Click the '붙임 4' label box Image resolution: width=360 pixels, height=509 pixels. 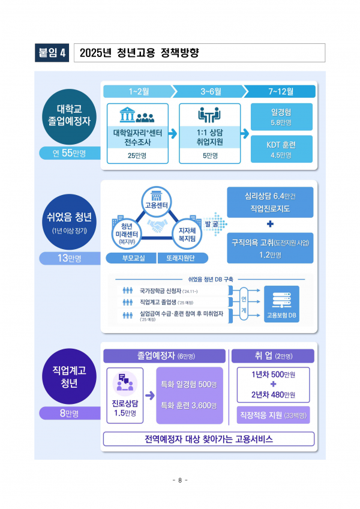pos(53,53)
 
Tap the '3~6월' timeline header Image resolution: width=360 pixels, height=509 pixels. pos(210,91)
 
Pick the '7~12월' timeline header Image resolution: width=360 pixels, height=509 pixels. pos(281,91)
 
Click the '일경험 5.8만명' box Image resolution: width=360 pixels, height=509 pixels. pos(281,117)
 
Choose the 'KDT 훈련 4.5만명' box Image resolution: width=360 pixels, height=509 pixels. pos(281,148)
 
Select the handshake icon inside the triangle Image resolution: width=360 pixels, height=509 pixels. pos(158,227)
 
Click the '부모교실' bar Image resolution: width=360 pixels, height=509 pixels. pos(131,258)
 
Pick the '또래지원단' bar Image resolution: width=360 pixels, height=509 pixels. pos(184,258)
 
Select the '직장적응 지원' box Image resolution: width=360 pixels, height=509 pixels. pos(270,415)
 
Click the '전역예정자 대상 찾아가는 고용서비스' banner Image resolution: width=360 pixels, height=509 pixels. pos(208,439)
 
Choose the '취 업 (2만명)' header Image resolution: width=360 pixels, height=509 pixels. pos(270,356)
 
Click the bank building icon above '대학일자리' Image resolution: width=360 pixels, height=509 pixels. pos(127,115)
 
